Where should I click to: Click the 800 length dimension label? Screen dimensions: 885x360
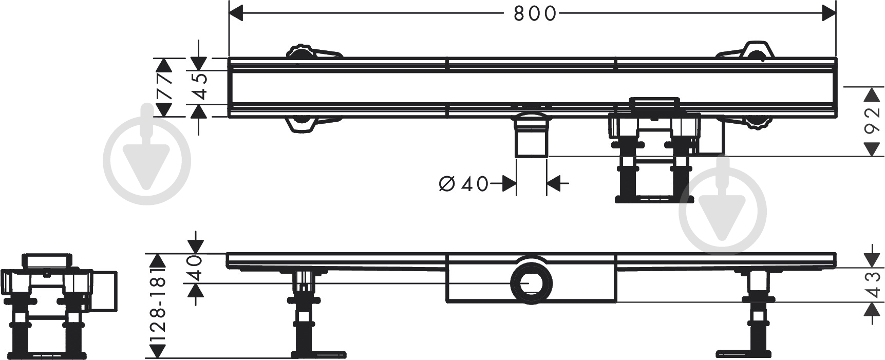coord(535,14)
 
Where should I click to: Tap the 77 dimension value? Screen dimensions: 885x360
coord(165,87)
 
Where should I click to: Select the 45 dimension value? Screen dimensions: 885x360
coord(199,86)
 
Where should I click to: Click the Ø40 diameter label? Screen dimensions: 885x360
coord(464,183)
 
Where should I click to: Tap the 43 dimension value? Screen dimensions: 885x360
coord(872,285)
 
